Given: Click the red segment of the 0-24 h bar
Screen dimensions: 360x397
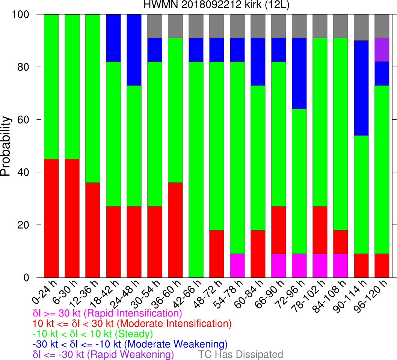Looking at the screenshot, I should pyautogui.click(x=51, y=218).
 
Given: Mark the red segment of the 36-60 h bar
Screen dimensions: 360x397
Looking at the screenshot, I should pyautogui.click(x=175, y=230).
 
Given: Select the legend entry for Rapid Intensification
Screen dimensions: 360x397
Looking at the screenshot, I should pyautogui.click(x=107, y=313).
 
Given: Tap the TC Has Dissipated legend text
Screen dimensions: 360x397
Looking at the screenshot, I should pyautogui.click(x=240, y=354).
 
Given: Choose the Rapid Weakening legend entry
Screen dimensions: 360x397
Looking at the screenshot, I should pyautogui.click(x=103, y=354).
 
